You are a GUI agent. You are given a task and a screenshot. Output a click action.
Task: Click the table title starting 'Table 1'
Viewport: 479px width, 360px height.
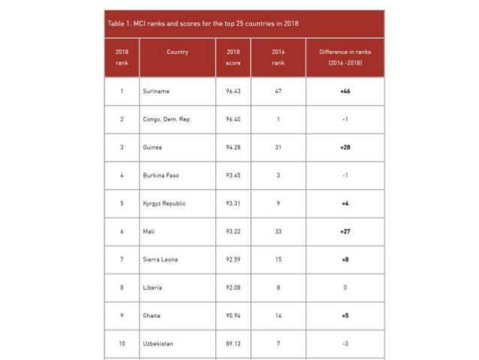[x=203, y=23]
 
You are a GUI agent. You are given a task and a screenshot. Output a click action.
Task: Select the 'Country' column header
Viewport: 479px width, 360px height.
[x=178, y=52]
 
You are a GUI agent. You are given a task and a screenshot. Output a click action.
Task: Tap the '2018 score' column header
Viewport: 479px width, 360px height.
[x=233, y=58]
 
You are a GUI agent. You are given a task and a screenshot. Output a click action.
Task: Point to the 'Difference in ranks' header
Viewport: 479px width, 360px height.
[x=345, y=58]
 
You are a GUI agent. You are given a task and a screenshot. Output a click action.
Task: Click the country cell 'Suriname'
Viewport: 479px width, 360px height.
[x=156, y=91]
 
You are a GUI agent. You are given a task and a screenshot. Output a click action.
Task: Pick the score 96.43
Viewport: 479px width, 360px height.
[x=233, y=91]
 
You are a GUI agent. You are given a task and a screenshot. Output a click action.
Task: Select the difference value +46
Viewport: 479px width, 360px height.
[x=345, y=91]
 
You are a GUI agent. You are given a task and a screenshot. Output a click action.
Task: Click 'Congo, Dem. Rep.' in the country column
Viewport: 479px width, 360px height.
[x=166, y=119]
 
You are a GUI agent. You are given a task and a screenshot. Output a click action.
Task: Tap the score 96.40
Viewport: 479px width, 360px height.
[x=233, y=119]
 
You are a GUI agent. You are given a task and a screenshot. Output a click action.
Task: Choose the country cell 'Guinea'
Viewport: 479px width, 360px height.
[x=152, y=147]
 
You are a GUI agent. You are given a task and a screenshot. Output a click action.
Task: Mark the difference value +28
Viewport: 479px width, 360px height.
[x=345, y=147]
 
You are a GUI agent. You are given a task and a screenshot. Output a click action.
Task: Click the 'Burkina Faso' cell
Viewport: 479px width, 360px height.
[x=161, y=176]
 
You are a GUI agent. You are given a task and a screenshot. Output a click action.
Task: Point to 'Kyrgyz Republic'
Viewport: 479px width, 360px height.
[x=164, y=204]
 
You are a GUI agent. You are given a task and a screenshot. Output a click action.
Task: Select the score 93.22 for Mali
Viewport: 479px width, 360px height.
[x=233, y=232]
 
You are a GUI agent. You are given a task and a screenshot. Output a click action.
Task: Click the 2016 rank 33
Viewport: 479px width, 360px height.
[x=278, y=232]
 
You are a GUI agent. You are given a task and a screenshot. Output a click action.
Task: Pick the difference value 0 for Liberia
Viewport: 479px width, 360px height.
[x=345, y=288]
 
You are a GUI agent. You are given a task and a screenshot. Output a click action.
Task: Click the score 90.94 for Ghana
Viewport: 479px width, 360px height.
[x=233, y=316]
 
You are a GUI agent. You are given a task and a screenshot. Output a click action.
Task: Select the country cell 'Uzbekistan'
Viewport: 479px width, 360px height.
[x=158, y=344]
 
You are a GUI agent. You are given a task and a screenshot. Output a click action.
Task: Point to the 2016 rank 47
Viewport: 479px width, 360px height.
[x=278, y=91]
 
